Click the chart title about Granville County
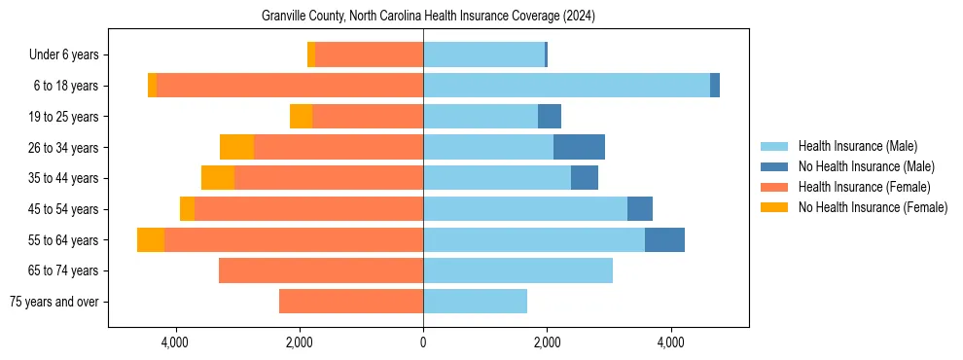[428, 17]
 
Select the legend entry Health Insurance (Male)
[857, 146]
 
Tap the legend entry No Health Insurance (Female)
[872, 207]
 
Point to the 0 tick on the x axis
[423, 342]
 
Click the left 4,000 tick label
[175, 342]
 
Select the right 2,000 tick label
[547, 342]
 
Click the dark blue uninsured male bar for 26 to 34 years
[579, 147]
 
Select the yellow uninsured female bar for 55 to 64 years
[151, 240]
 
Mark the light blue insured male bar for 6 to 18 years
[566, 86]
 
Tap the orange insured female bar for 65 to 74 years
[321, 270]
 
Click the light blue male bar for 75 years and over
[475, 302]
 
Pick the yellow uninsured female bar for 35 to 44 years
[218, 178]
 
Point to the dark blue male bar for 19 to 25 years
[550, 117]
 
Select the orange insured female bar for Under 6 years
[370, 55]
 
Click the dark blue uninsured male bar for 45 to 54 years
[640, 209]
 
